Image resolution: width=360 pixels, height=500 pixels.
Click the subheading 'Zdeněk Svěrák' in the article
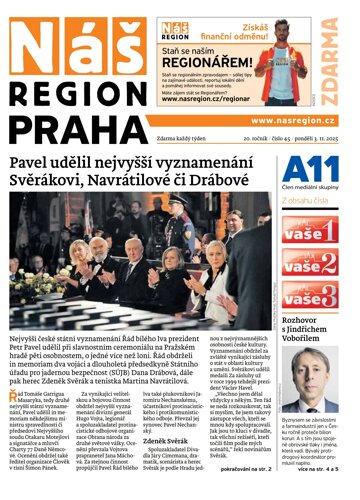point(172,440)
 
